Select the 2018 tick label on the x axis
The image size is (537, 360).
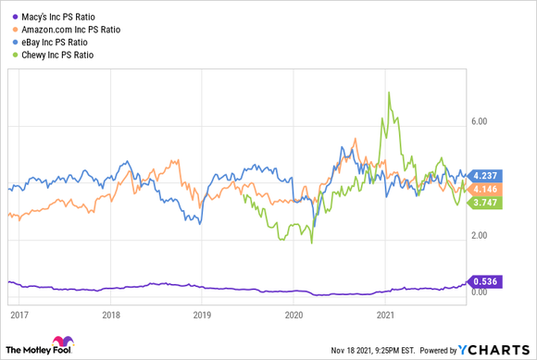[x=111, y=315]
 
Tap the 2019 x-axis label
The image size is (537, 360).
[x=203, y=315]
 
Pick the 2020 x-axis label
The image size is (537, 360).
[x=294, y=315]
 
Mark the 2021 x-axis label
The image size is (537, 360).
[x=387, y=315]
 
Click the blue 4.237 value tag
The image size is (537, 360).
[x=486, y=175]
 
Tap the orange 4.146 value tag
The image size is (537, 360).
[x=486, y=189]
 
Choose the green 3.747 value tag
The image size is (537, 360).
[x=486, y=204]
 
